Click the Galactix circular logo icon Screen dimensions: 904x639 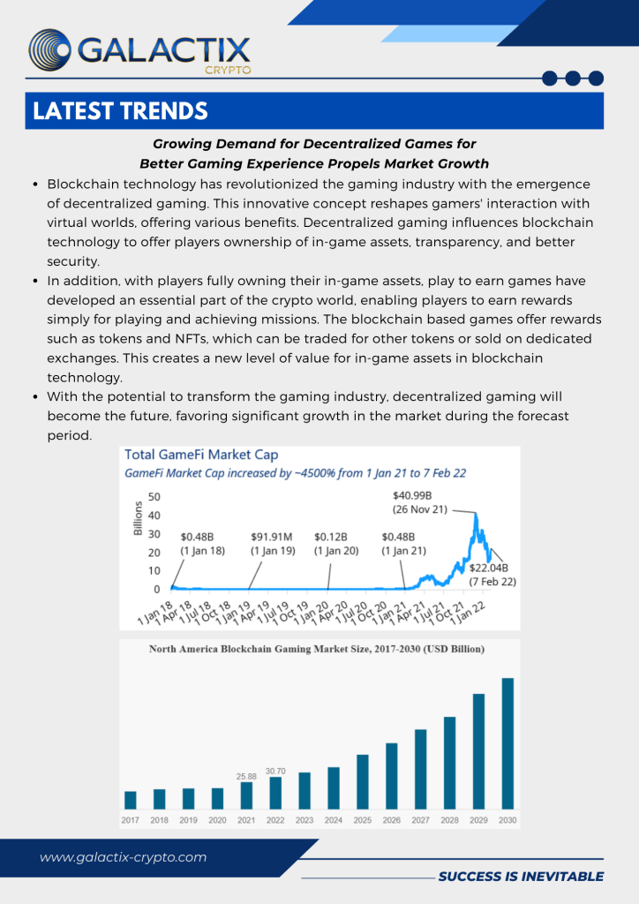(x=50, y=50)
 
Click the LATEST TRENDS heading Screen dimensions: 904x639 (x=120, y=111)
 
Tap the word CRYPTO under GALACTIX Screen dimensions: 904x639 (x=228, y=70)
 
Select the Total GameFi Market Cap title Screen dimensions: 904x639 (x=201, y=455)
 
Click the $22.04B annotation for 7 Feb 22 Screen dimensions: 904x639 (x=492, y=574)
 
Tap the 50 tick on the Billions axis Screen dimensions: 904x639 (x=154, y=497)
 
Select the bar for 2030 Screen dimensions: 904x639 (x=507, y=742)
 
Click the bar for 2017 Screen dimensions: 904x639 (x=131, y=799)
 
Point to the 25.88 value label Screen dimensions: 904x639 (x=246, y=776)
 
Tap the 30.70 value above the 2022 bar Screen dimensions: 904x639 (x=275, y=771)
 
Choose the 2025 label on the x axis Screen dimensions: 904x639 (x=362, y=820)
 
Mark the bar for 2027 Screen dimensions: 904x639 (x=421, y=768)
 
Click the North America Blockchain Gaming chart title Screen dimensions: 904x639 (x=316, y=649)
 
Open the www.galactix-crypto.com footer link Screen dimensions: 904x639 (x=123, y=857)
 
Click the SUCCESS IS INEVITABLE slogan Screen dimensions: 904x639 (x=521, y=877)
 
